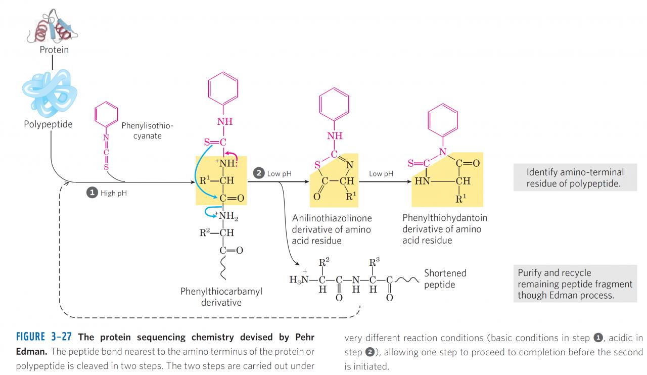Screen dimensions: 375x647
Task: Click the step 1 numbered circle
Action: coord(93,194)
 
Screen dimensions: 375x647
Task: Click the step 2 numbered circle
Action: coord(259,173)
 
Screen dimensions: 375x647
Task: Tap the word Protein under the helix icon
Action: coord(55,50)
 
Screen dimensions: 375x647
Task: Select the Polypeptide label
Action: coord(48,124)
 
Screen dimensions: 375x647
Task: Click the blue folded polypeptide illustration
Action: coord(50,90)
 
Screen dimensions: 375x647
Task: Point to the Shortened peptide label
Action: coord(445,278)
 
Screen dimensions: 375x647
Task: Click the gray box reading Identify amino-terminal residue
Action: coord(575,178)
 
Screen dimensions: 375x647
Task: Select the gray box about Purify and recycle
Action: coord(575,284)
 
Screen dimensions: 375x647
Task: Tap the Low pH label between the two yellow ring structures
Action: coord(381,173)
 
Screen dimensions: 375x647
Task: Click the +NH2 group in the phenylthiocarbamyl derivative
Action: coord(227,217)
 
